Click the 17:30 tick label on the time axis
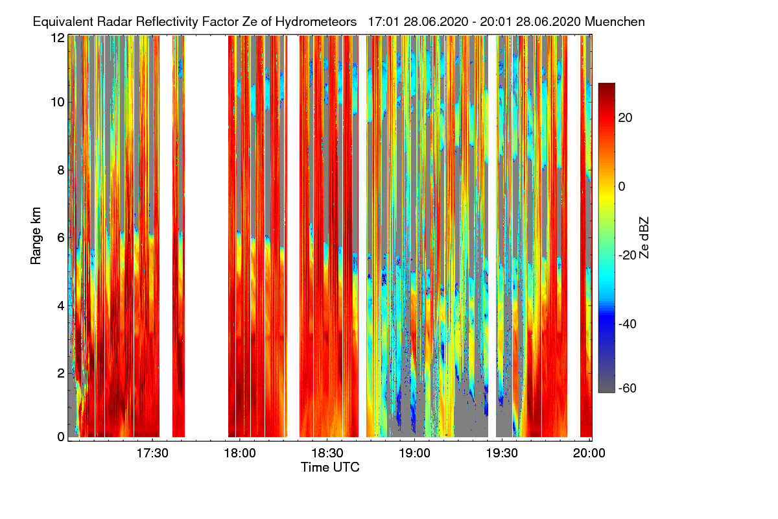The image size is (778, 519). coord(152,453)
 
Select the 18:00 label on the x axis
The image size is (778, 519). coord(240,453)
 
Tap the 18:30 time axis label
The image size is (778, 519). coord(327,453)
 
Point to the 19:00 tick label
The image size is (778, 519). coord(414,453)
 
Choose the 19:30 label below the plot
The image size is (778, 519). coord(502,453)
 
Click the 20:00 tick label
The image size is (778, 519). coord(589,453)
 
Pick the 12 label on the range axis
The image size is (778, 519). coord(58,38)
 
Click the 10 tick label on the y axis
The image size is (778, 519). coord(58,103)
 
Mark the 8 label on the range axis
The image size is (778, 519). coord(61,171)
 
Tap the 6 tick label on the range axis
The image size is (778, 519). coord(61,238)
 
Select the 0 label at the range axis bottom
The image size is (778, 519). coord(61,437)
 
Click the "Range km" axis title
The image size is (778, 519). coord(36,236)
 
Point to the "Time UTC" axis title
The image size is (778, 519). coord(330,468)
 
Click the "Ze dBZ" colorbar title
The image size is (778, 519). coord(644,238)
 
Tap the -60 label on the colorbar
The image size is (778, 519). coord(628,389)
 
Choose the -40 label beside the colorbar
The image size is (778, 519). coord(628,324)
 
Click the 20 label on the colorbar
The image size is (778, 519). coord(625,118)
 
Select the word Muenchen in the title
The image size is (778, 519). coord(615,22)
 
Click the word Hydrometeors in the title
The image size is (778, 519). coord(316,22)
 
